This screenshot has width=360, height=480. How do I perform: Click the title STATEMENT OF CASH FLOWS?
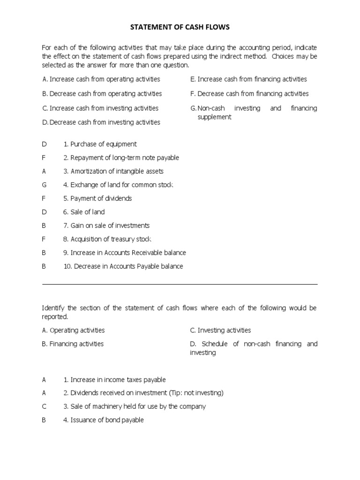(x=180, y=28)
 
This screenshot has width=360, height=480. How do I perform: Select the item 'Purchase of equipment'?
(x=100, y=144)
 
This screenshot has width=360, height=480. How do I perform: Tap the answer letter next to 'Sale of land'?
(x=44, y=212)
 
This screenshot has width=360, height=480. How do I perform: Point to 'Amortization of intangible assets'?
(x=113, y=171)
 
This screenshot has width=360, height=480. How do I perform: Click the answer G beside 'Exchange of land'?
(x=44, y=185)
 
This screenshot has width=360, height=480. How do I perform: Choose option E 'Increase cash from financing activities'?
(x=248, y=79)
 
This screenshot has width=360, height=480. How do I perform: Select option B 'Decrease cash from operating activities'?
(x=102, y=94)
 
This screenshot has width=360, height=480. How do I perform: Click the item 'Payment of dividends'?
(x=97, y=198)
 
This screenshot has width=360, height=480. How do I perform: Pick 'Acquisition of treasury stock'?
(x=107, y=239)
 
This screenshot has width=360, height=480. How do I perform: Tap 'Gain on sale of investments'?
(x=106, y=225)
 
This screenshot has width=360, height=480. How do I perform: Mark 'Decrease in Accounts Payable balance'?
(x=123, y=266)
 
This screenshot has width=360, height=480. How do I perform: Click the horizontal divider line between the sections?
(x=180, y=284)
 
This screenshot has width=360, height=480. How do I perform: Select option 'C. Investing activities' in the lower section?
(x=220, y=330)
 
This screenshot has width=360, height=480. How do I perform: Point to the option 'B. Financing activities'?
(x=73, y=344)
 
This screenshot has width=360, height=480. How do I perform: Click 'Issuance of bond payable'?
(x=103, y=420)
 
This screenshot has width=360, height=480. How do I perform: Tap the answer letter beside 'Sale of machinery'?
(x=44, y=406)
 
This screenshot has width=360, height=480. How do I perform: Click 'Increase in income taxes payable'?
(x=114, y=380)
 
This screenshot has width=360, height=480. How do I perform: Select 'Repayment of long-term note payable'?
(x=121, y=157)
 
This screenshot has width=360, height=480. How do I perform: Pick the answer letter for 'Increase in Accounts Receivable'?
(x=44, y=253)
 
